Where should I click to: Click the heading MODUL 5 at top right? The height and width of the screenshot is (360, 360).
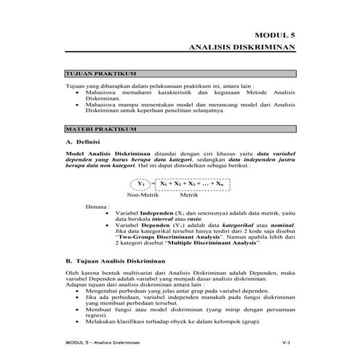click(278, 34)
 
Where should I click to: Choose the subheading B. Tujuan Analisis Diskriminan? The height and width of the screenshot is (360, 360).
click(112, 259)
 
